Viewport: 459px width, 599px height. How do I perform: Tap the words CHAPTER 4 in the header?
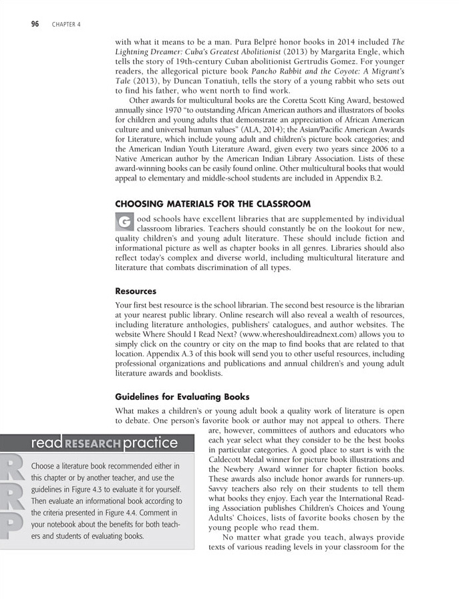coord(65,25)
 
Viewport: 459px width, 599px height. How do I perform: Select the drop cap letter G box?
coord(124,222)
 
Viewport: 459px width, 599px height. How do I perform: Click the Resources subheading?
coord(136,291)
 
